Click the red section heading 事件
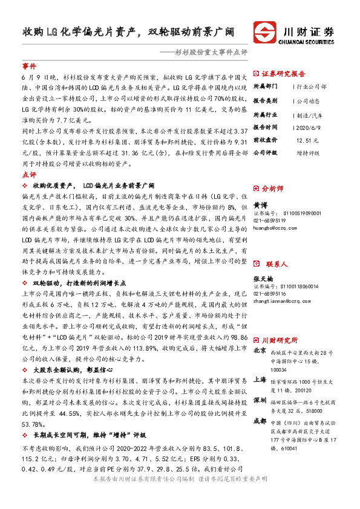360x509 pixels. click(29, 65)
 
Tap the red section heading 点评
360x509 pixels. click(29, 173)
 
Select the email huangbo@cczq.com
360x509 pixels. click(275, 228)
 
